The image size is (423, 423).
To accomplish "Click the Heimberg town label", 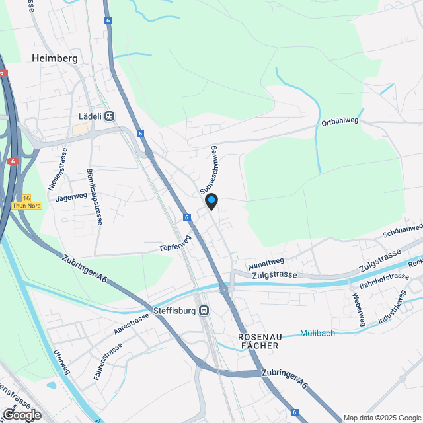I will click(x=54, y=58).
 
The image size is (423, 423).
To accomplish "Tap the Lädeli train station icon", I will click(x=110, y=116).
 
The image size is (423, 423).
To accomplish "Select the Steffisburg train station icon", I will click(x=205, y=310).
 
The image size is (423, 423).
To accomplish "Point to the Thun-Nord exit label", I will click(x=26, y=206).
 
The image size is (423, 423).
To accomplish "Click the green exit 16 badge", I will click(x=26, y=198).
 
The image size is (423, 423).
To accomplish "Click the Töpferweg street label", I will click(x=174, y=245).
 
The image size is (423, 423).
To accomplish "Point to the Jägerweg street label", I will click(x=72, y=196).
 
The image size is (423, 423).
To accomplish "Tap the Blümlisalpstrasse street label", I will click(x=94, y=196).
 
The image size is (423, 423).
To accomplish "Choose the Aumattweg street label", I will click(x=265, y=262).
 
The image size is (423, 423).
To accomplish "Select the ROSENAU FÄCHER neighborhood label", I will click(x=258, y=341).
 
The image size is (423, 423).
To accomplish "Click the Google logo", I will click(x=21, y=414).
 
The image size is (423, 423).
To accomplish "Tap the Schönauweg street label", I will click(x=402, y=231).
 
